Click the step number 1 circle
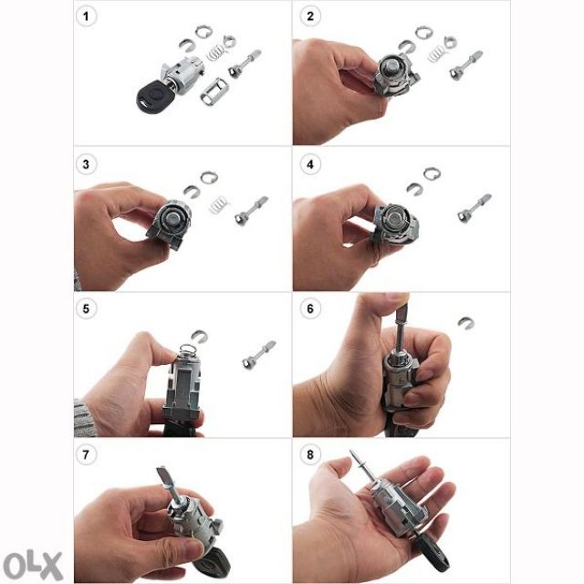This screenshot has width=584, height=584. coord(86,16)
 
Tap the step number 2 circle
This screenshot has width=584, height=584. coord(310,16)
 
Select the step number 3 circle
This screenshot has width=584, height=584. coord(86,164)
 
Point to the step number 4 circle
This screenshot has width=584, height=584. coord(310,164)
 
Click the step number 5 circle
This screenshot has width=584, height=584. coord(86,308)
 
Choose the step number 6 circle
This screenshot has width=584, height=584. coord(310,308)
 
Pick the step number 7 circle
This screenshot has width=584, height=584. coord(86,454)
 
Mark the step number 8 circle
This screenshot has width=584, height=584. coord(310,454)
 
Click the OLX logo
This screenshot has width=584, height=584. coord(33,566)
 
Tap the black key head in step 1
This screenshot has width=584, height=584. coord(151,98)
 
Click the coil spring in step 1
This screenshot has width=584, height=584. coord(215,53)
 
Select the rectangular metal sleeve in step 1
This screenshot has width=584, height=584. coord(214,91)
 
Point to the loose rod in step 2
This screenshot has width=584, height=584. coord(465,65)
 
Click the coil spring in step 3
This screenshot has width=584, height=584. coord(219,204)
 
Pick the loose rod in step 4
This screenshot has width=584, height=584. coord(474,209)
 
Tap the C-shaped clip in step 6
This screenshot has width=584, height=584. coord(465,323)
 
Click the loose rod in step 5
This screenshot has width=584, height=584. coord(259,355)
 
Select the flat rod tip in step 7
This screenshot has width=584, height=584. coord(163,476)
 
